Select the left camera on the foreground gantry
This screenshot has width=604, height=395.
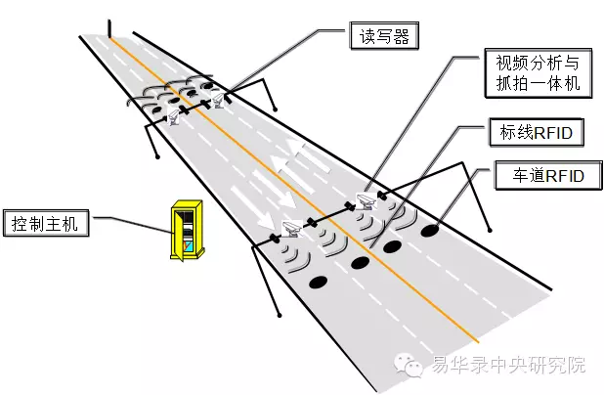point(288,229)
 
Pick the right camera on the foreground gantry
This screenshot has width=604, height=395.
point(365,201)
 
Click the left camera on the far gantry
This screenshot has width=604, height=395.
point(175,116)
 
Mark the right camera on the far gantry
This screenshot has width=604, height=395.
point(218,102)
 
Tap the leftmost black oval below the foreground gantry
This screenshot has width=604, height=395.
point(318,282)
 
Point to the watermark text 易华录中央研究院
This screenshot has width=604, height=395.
point(507,367)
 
